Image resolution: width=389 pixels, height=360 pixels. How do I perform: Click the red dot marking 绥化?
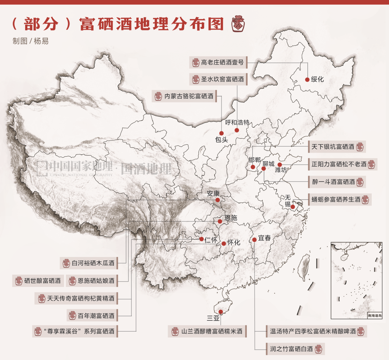click(307, 80)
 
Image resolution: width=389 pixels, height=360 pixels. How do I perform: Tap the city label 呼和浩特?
click(237, 122)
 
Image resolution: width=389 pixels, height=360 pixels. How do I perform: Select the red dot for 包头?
click(222, 133)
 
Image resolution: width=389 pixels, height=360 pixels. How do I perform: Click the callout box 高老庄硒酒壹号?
click(218, 62)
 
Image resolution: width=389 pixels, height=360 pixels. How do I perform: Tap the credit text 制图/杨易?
click(30, 41)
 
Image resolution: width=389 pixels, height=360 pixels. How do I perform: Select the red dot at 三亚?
click(220, 312)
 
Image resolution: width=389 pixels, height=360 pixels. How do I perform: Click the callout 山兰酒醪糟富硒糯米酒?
click(207, 331)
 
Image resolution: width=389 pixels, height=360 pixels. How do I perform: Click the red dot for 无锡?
click(293, 207)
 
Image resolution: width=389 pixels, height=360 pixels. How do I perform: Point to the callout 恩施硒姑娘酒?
click(92, 280)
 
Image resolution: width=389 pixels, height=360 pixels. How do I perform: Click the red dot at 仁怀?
click(202, 239)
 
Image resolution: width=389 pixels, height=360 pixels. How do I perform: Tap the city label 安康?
click(213, 193)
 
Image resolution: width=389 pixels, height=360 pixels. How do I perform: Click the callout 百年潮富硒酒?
click(92, 316)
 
